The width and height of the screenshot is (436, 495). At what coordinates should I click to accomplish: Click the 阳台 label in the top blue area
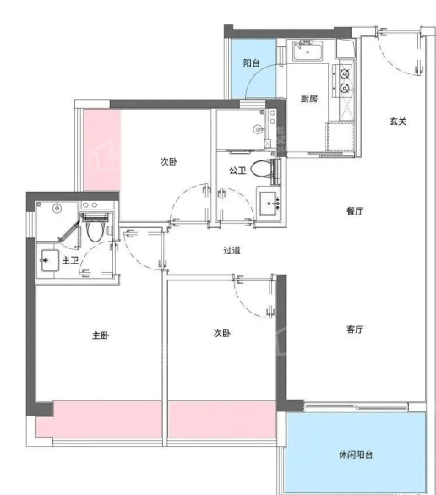coord(252,63)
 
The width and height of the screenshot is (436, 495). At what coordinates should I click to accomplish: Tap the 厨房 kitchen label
coord(308,99)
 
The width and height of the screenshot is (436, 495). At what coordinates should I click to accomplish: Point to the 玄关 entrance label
coord(398,122)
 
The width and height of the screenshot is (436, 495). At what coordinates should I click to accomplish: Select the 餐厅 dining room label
coord(355,210)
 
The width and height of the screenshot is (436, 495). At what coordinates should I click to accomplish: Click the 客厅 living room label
coord(355,329)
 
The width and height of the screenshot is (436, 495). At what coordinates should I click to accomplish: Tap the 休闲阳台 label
coord(356,454)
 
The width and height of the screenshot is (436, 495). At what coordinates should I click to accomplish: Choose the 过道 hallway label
coord(232,250)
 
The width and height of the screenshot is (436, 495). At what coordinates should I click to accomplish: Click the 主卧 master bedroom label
coord(101,335)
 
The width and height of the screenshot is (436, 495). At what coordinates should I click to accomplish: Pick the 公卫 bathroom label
coord(237,171)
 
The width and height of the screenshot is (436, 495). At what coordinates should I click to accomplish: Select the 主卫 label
coord(70,260)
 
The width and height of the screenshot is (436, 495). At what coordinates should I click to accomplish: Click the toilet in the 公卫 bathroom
coord(262,169)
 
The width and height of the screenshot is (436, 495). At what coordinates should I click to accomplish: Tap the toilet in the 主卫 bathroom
coord(95,230)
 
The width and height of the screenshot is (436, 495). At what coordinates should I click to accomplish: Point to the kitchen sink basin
coord(308,52)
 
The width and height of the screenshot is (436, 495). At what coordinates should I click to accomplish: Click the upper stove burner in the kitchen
coord(344,74)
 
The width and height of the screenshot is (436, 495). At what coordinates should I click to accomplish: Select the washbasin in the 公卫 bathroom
coord(269,204)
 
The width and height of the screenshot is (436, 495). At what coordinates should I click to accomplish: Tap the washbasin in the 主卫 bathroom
coord(50,260)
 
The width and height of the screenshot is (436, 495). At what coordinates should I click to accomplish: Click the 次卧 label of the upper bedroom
coord(169,161)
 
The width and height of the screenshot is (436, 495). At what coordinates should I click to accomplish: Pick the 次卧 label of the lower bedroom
coord(222,333)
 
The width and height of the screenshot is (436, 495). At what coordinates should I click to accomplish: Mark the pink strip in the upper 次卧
coord(101,150)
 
